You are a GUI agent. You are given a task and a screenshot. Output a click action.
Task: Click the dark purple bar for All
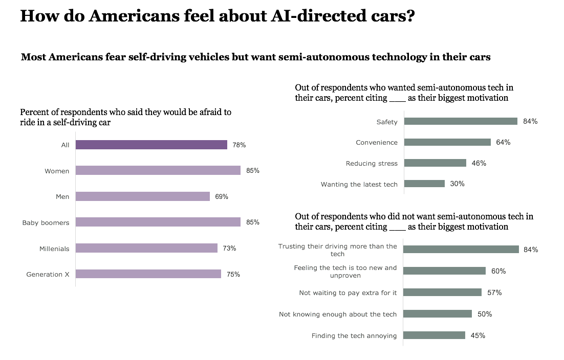151,145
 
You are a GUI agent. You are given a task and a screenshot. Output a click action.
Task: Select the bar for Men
142,196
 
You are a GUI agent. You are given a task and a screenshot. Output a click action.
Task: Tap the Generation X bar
148,274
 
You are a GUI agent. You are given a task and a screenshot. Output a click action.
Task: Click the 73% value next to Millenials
229,248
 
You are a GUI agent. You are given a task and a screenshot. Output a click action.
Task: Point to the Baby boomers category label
46,222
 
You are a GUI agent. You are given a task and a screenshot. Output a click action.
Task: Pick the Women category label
57,171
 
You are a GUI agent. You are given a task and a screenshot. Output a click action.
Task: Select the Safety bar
460,121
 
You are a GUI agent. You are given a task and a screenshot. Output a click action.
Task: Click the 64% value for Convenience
503,142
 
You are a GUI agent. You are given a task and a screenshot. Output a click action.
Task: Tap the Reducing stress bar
435,163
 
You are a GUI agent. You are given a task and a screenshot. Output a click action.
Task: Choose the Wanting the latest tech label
359,184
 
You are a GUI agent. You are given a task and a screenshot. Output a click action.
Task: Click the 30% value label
457,184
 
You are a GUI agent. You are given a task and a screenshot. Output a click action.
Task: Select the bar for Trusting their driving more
461,249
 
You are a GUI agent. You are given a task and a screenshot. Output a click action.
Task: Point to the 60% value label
498,271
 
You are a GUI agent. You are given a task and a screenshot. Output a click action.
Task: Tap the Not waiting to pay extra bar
442,292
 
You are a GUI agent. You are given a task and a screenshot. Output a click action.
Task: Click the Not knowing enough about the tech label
338,314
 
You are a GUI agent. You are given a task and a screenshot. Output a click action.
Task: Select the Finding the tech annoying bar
434,335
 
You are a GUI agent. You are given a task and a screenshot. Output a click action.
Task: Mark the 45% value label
478,335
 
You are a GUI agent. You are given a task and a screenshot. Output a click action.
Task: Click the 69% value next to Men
222,196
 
